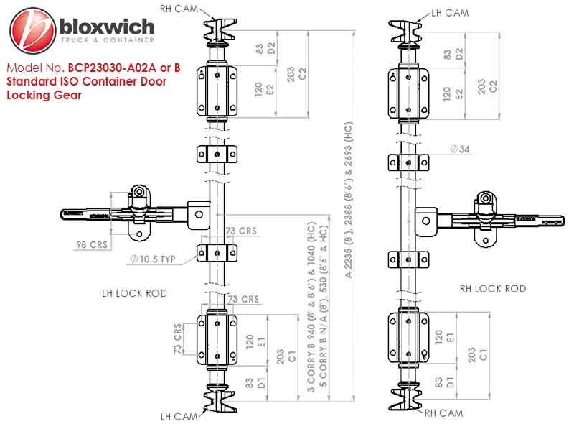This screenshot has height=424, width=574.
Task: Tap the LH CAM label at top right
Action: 449,12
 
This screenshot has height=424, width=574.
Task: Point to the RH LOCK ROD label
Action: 492,289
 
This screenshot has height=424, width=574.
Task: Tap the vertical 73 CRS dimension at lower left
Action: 177,338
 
